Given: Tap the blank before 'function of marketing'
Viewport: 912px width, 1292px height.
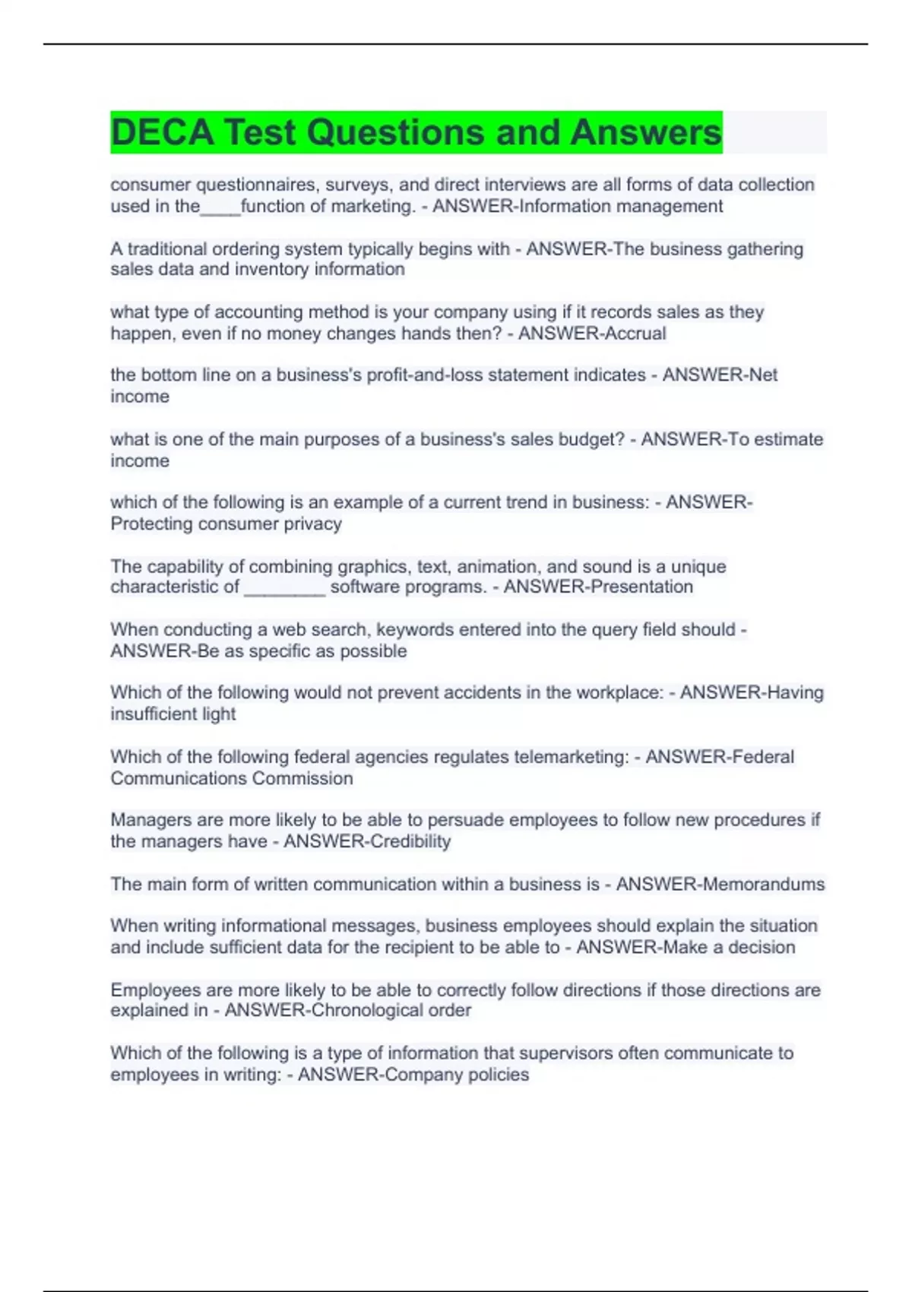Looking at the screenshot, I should [220, 207].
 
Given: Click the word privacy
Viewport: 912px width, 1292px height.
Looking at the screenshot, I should [312, 524].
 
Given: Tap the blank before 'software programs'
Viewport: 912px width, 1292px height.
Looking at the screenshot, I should [284, 587].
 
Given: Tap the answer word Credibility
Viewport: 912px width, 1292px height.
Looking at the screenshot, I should [409, 841].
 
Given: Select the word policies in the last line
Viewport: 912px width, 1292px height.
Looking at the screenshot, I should [498, 1075].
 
